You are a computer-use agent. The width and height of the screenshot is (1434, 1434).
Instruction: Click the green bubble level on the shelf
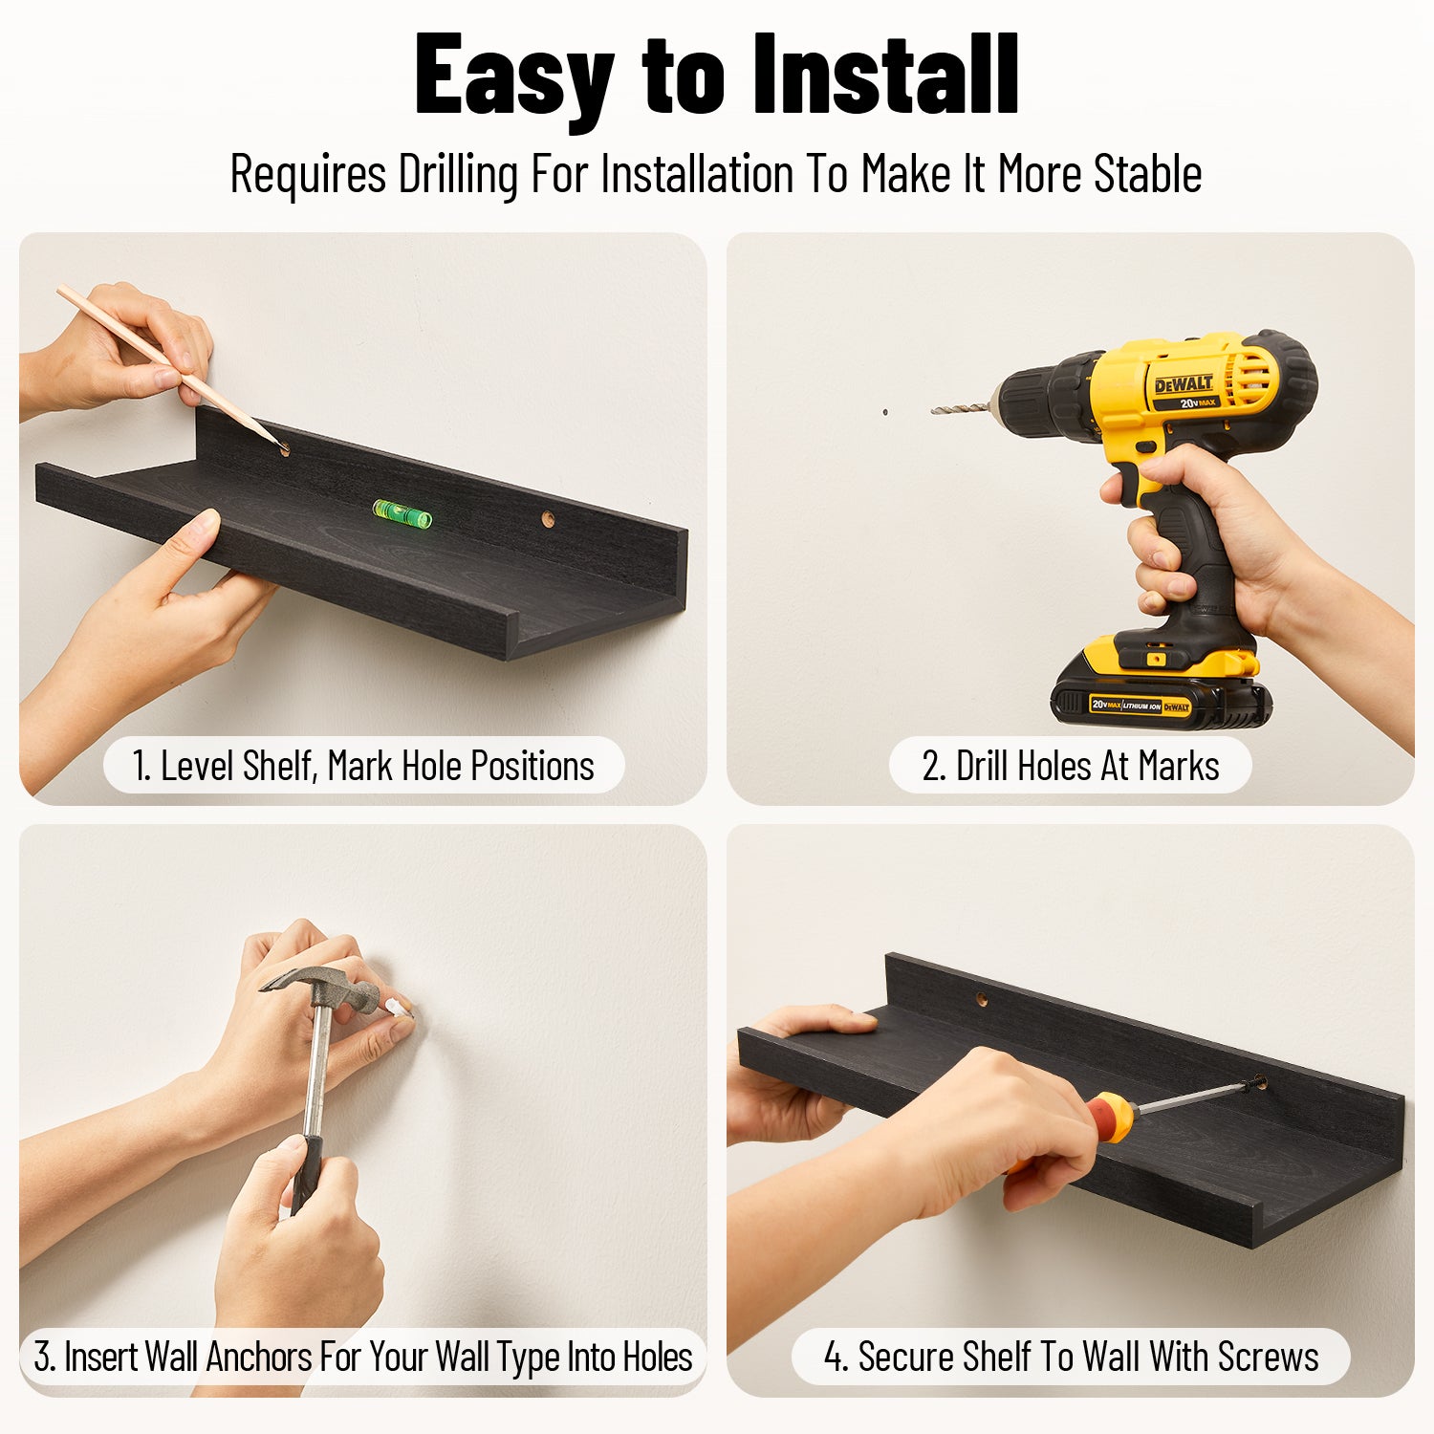click(x=402, y=513)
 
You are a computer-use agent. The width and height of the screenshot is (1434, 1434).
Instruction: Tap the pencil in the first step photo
click(x=172, y=367)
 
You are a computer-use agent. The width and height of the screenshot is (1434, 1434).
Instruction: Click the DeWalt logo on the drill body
click(x=1184, y=384)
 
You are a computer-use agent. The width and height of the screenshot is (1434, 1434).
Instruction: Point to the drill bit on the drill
click(x=961, y=408)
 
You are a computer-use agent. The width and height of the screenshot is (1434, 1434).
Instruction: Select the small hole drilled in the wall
click(x=885, y=413)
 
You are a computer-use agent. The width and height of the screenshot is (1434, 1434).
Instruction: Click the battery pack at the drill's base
click(x=1160, y=694)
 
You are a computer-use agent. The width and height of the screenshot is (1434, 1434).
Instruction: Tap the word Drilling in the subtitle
click(x=458, y=175)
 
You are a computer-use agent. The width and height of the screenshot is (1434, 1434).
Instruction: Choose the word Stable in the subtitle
click(x=1147, y=174)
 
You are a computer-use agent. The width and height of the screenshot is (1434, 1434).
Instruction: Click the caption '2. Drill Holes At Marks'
click(x=1070, y=766)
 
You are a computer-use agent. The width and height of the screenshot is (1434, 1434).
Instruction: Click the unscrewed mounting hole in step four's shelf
click(x=982, y=999)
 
